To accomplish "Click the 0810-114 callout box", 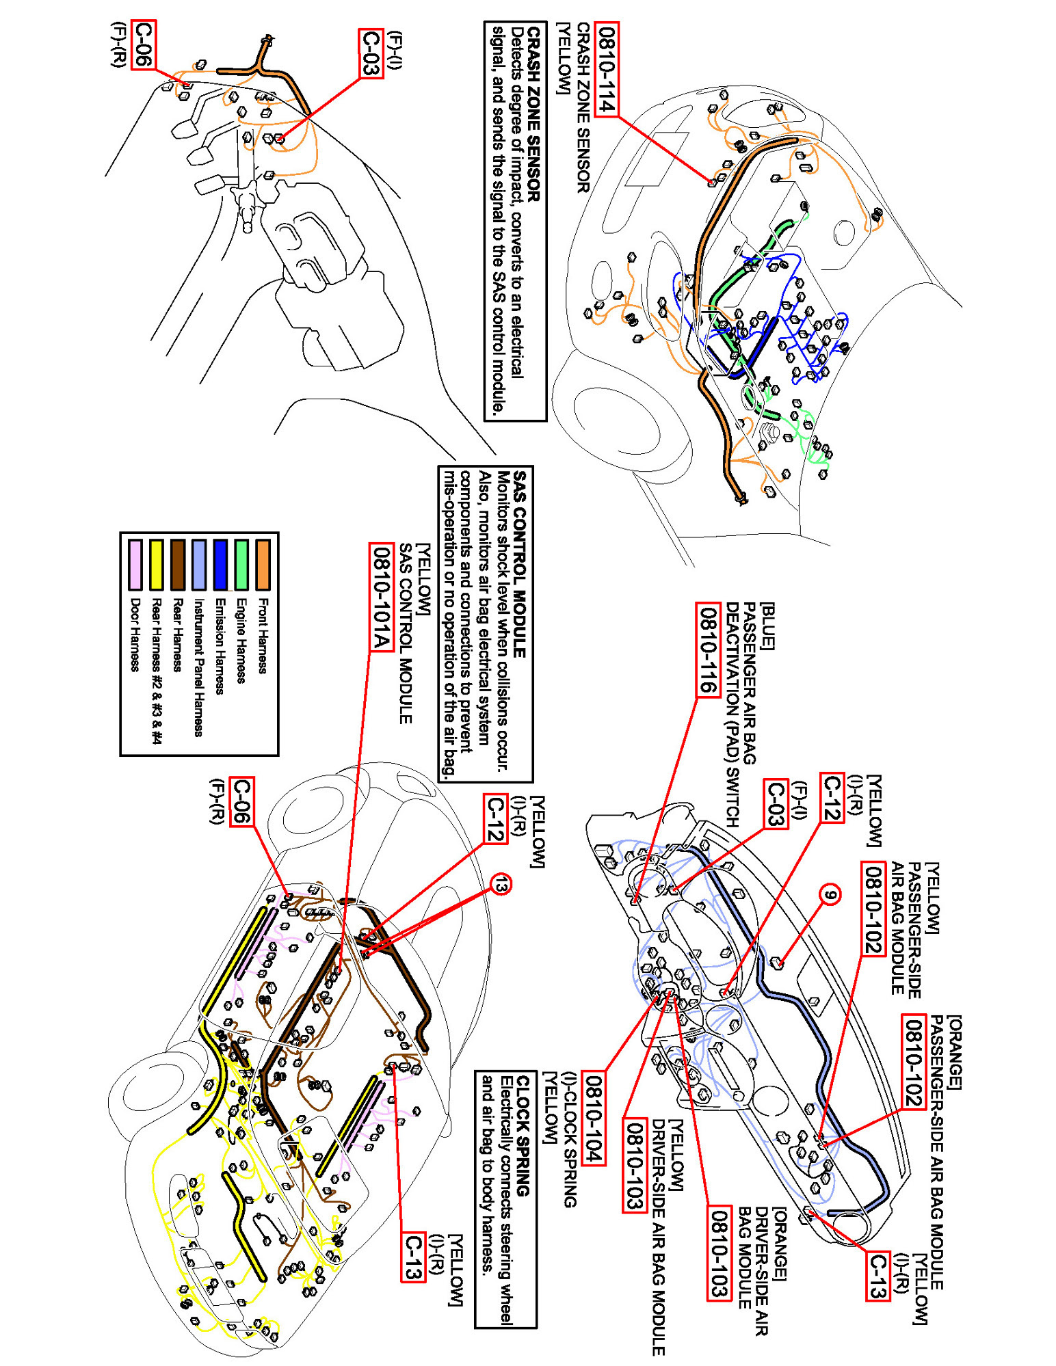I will (x=606, y=69).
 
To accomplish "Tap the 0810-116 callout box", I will (x=708, y=649).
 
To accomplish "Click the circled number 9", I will (x=830, y=895).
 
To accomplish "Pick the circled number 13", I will (x=501, y=885).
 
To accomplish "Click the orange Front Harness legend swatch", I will (x=263, y=565).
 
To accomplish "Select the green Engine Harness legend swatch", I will (x=241, y=565).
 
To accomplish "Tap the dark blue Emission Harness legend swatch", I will (x=220, y=565).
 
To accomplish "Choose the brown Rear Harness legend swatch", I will (x=178, y=565).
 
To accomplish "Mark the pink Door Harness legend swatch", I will (x=135, y=565).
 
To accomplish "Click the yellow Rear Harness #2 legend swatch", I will (x=157, y=565).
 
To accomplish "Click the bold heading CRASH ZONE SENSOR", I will (x=534, y=113).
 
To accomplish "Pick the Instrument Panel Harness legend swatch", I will (x=199, y=565).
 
